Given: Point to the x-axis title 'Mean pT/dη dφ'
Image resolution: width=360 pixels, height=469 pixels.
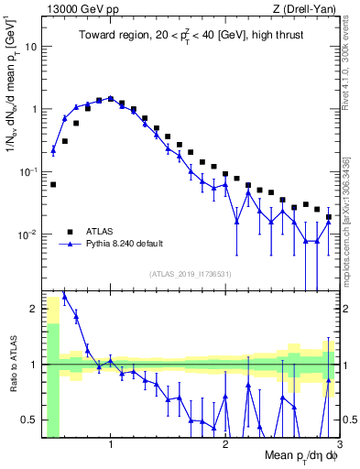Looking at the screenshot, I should click(301, 454).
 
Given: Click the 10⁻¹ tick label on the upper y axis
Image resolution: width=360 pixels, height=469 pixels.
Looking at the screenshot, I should click(27, 170).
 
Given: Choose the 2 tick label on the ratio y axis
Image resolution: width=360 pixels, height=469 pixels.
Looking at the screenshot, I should click(34, 309).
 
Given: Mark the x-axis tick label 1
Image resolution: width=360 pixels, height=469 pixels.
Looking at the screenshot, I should click(111, 444).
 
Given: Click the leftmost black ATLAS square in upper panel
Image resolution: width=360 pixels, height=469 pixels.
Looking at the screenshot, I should click(53, 184).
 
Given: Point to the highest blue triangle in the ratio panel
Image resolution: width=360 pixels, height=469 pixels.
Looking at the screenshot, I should click(64, 295).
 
